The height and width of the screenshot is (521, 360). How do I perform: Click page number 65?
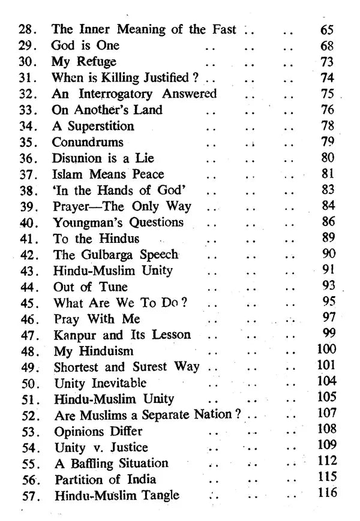[x=328, y=29]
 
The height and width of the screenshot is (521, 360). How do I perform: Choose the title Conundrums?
[x=88, y=143]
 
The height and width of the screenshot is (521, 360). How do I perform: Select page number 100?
[x=327, y=350]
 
